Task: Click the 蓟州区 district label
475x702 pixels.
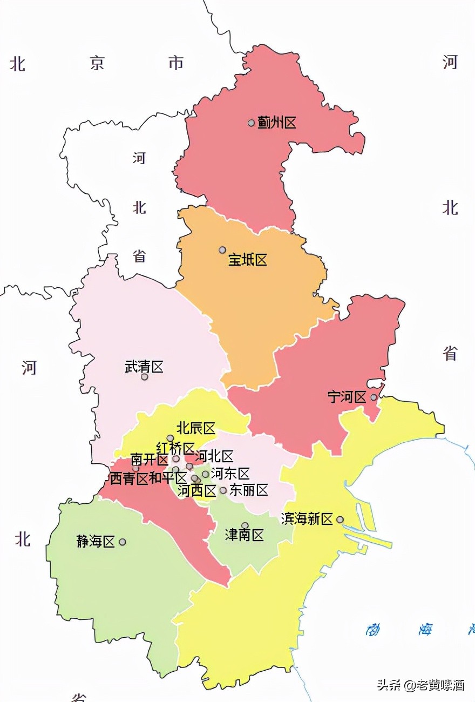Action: [x=277, y=123]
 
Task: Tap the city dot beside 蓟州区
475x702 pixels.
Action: [x=251, y=123]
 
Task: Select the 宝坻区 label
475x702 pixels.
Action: [x=248, y=260]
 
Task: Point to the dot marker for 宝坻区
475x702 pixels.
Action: [x=222, y=250]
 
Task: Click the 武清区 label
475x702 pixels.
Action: [x=144, y=367]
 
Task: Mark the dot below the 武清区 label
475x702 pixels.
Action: [x=144, y=377]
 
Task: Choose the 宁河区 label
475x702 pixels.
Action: [x=347, y=397]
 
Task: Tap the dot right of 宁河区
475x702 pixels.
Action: [x=374, y=397]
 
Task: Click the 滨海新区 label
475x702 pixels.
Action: [x=307, y=519]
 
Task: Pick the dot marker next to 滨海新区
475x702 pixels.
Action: [x=340, y=519]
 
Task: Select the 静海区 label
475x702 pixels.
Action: [x=96, y=542]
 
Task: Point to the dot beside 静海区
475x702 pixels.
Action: [x=123, y=542]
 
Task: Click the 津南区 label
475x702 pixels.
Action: [x=245, y=536]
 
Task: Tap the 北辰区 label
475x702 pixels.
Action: [x=196, y=429]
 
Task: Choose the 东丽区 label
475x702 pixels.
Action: [x=249, y=490]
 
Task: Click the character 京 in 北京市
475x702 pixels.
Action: [x=97, y=64]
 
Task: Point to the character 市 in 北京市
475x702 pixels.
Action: [x=176, y=63]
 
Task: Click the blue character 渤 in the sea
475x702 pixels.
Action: [x=374, y=629]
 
